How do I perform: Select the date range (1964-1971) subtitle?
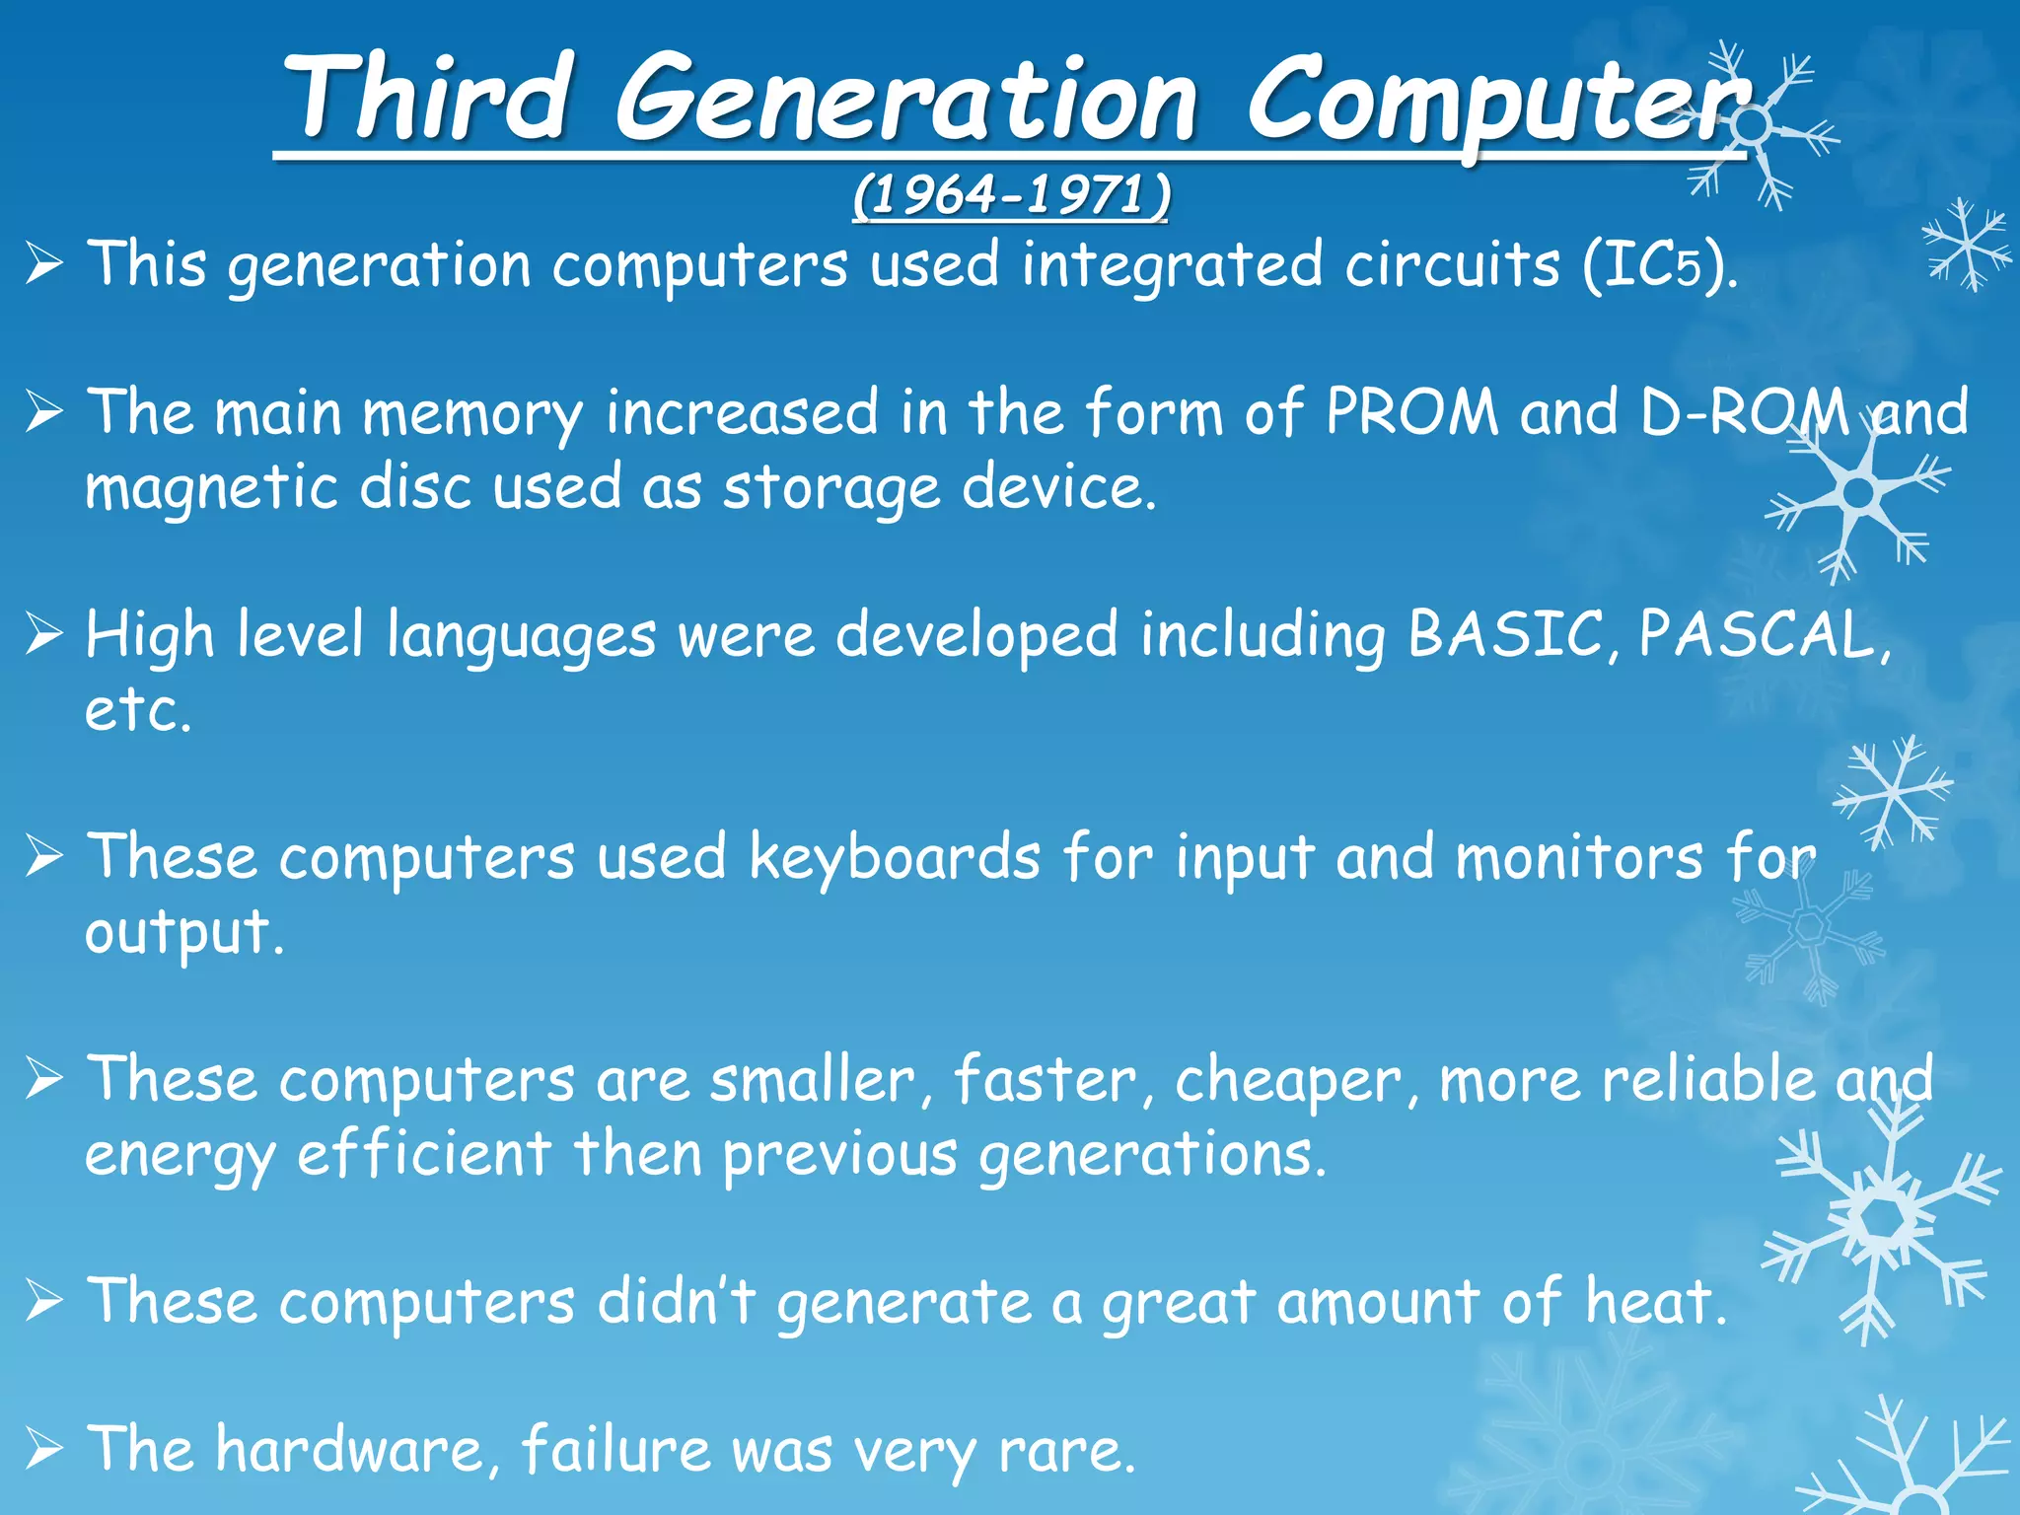(1011, 195)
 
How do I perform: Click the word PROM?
(1411, 411)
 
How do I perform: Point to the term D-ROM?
(1745, 411)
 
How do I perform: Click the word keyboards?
(895, 856)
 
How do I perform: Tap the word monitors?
(1579, 856)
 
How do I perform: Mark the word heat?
(1655, 1301)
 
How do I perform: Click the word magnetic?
(212, 488)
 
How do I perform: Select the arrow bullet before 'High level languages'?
(45, 634)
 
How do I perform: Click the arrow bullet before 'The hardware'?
(45, 1450)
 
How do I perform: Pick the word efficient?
(424, 1153)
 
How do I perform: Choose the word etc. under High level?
(137, 710)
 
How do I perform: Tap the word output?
(183, 933)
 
